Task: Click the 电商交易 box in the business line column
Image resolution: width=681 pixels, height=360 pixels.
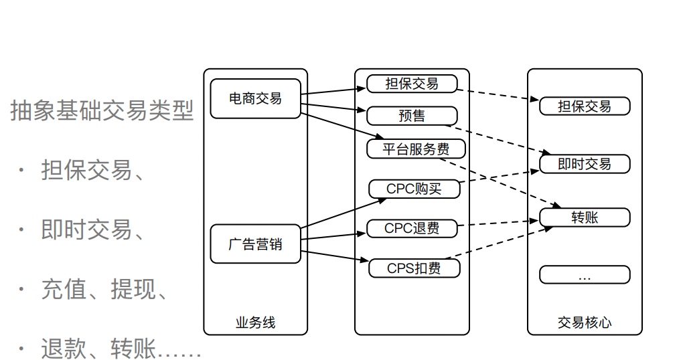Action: point(255,98)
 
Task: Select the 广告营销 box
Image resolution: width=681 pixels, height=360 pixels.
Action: point(255,244)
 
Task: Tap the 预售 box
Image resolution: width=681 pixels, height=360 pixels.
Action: point(412,116)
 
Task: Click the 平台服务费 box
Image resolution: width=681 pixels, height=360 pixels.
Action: point(416,149)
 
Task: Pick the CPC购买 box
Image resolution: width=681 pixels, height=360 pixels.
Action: point(414,189)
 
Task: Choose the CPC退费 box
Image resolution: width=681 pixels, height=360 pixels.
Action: point(412,228)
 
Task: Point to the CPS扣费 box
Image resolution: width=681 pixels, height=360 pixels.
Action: point(414,268)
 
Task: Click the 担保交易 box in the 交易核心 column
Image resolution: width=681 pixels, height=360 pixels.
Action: point(585,106)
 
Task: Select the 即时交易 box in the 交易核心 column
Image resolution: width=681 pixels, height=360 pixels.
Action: point(585,164)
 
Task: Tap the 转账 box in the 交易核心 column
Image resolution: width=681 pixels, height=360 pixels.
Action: point(585,217)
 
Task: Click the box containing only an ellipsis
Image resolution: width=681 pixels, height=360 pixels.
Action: point(585,275)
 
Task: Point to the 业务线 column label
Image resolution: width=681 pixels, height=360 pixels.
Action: point(255,323)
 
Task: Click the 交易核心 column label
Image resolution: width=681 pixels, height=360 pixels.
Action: point(585,323)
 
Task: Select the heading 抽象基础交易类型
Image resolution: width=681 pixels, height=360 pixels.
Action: point(102,110)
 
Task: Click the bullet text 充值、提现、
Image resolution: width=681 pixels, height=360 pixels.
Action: point(104,289)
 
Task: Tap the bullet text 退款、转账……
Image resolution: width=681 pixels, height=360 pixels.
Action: point(121,348)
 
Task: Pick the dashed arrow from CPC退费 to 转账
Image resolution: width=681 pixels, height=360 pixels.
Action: point(499,223)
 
